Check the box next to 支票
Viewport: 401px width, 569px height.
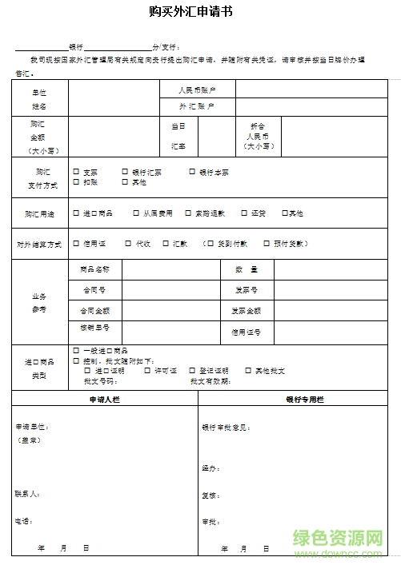[x=76, y=172]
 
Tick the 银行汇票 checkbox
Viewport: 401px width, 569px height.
[x=125, y=172]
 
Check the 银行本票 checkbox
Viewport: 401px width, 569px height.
[x=192, y=172]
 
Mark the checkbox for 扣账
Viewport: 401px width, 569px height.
[x=76, y=182]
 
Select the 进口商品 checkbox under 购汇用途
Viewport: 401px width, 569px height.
[x=76, y=213]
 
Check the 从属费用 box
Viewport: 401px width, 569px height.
[x=137, y=213]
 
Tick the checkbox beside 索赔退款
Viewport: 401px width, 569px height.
[x=188, y=213]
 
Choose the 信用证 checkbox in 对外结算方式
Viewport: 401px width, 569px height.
[x=76, y=244]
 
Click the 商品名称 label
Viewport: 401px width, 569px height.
[x=95, y=269]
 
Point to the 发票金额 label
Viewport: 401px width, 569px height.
[x=246, y=310]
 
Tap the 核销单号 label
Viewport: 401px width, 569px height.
[x=95, y=328]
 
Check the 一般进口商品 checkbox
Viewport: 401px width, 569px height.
[x=76, y=351]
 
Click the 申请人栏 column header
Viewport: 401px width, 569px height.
[x=106, y=398]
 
